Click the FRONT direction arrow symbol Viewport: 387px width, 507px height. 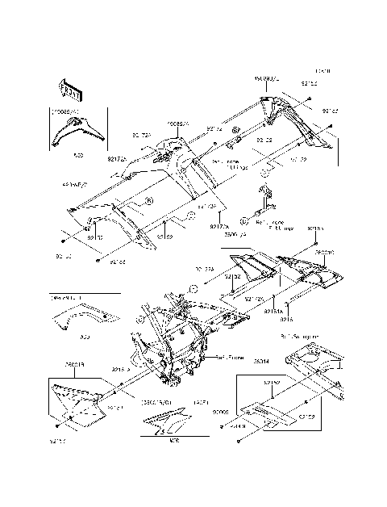click(x=67, y=86)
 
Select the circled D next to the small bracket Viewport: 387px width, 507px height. click(x=243, y=218)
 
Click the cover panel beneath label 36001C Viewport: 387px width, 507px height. click(x=310, y=274)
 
